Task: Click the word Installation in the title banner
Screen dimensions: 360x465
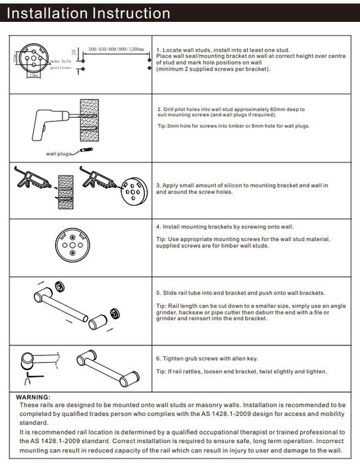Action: (x=47, y=13)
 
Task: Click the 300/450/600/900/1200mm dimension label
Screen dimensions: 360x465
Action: (x=116, y=49)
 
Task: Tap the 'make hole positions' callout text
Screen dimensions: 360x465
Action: (x=60, y=64)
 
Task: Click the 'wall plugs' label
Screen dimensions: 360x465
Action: (x=58, y=153)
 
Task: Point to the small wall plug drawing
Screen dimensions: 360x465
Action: (x=86, y=150)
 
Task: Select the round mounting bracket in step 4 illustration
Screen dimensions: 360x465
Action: (x=72, y=245)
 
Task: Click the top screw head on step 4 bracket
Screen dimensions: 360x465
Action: (x=72, y=237)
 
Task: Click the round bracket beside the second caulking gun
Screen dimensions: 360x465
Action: (x=134, y=191)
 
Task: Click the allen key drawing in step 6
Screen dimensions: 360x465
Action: (x=33, y=378)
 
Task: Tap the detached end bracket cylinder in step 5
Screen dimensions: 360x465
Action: (x=98, y=322)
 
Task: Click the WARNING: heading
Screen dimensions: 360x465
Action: (x=33, y=397)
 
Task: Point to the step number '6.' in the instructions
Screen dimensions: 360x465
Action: (x=158, y=359)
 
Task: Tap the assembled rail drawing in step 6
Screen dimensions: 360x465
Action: (x=108, y=369)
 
